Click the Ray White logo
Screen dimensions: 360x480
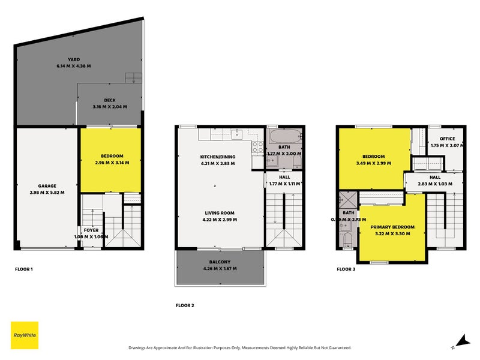25,335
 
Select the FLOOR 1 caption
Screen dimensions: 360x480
24,269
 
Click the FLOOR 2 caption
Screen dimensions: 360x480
185,305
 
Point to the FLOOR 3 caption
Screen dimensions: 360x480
346,269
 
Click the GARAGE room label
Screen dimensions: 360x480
47,186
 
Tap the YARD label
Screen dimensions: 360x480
74,59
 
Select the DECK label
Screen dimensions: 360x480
109,100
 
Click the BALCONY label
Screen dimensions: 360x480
220,262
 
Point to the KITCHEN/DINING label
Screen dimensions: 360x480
218,157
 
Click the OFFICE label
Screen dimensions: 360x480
448,139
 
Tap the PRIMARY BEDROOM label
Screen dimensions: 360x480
392,227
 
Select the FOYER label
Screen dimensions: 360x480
91,230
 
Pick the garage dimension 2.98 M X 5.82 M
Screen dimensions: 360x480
47,193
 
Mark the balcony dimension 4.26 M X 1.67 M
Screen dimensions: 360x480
220,268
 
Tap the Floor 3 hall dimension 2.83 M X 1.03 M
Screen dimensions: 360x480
435,184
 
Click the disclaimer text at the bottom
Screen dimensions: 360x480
239,348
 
